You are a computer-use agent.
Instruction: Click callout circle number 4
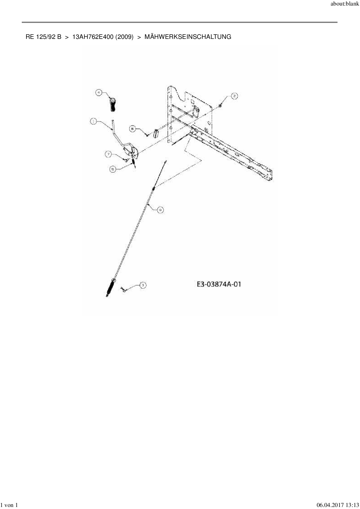99,93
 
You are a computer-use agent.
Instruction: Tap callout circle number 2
234,96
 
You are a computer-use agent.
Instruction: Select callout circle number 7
108,154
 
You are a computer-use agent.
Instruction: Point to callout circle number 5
113,169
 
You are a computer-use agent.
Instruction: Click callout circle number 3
143,286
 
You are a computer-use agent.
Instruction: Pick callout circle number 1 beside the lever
93,122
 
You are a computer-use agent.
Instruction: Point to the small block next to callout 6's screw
156,134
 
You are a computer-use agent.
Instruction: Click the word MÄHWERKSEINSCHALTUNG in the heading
188,37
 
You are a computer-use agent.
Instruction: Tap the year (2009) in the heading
125,37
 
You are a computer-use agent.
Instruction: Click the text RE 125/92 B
43,37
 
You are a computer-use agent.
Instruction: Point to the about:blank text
345,4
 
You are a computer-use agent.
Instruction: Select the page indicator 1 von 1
9,505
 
